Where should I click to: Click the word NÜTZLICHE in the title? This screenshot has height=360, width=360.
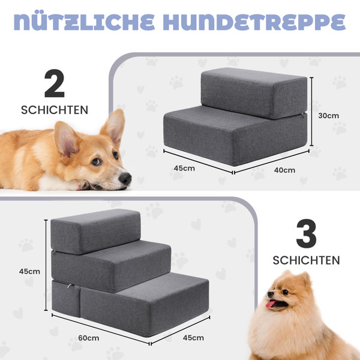(x=84, y=22)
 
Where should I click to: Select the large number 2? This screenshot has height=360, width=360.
(x=55, y=83)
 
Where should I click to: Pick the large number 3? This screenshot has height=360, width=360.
(x=306, y=233)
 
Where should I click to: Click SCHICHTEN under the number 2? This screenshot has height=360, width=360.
(x=55, y=110)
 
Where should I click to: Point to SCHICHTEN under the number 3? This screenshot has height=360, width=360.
(x=306, y=260)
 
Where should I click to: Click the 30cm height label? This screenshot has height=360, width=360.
(x=329, y=116)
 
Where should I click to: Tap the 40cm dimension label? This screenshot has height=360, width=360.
(x=284, y=170)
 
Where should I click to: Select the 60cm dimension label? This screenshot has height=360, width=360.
(x=89, y=338)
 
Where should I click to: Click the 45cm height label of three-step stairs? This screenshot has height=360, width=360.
(x=29, y=271)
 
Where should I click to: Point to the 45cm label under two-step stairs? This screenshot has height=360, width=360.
(x=184, y=168)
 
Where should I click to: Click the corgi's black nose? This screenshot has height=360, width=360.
(x=125, y=179)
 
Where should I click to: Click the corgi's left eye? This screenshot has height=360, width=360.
(x=96, y=161)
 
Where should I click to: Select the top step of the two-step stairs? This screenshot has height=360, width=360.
(x=254, y=93)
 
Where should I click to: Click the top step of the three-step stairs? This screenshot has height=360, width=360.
(x=95, y=231)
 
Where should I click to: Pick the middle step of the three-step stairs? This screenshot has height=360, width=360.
(x=111, y=266)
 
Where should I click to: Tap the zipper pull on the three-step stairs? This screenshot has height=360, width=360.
(x=70, y=286)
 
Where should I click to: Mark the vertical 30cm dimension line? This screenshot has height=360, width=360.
(x=311, y=112)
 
